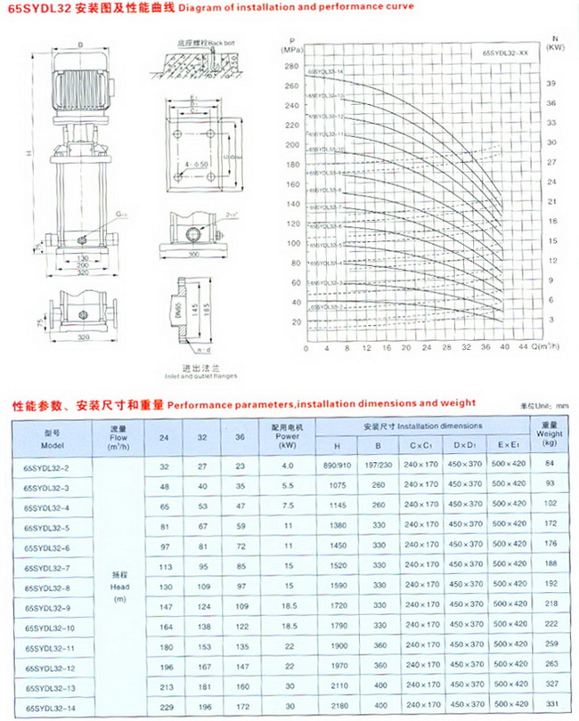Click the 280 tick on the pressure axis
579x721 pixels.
292,66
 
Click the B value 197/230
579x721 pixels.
378,466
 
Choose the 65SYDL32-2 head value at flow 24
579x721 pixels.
163,466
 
